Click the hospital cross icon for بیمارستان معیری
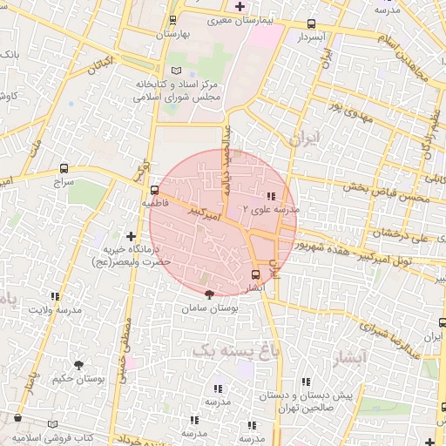(x=240, y=6)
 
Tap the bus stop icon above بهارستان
(x=172, y=20)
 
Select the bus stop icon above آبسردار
(x=312, y=24)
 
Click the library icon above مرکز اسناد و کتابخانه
(x=177, y=70)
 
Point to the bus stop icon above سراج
(x=64, y=168)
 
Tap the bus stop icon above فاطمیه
(x=154, y=189)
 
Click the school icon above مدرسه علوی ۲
(x=271, y=196)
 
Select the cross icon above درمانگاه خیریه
(x=132, y=236)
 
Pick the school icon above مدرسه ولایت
(x=57, y=296)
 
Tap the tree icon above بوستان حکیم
(x=78, y=366)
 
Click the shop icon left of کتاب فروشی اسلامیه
(x=17, y=419)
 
